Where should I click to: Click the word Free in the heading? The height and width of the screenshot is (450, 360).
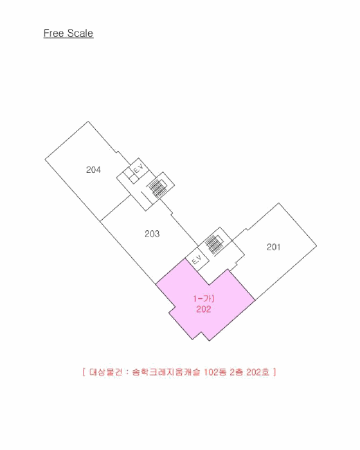53,33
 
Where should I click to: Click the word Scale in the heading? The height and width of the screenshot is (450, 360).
80,33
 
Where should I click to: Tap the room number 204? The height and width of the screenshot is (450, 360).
93,170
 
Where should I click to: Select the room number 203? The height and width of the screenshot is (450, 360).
152,233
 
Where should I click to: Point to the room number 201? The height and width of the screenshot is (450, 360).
274,247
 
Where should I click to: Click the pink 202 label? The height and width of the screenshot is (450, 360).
204,309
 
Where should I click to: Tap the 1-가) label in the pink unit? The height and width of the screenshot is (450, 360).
204,298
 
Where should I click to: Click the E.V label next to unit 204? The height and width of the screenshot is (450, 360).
138,168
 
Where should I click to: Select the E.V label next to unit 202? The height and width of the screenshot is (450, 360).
197,260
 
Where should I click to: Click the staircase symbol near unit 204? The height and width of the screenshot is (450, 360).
157,187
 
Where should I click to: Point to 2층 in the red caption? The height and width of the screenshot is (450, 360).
237,372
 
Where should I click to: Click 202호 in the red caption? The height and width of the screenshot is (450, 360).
258,372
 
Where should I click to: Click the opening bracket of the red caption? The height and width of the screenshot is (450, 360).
84,372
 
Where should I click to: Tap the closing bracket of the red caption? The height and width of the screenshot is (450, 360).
274,372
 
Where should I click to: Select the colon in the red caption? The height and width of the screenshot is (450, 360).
127,372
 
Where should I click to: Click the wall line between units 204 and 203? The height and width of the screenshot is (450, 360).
116,208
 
